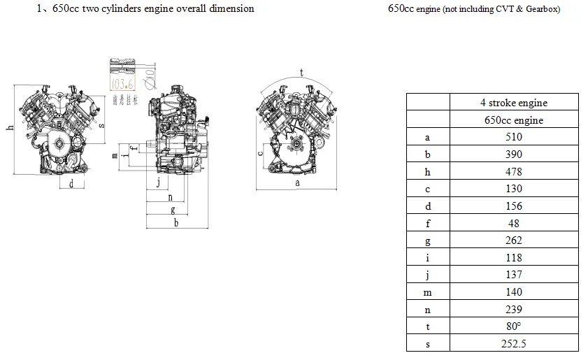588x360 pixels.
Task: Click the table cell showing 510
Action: tap(513, 137)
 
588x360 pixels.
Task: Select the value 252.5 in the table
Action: tap(513, 343)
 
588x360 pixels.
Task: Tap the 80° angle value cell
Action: tap(513, 326)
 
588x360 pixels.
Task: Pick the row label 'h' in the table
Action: tap(427, 171)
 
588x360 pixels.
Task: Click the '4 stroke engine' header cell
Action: tap(513, 103)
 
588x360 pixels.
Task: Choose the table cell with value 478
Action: tap(513, 171)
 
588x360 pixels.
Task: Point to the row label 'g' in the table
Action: tap(427, 240)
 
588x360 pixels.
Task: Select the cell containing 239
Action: tap(513, 309)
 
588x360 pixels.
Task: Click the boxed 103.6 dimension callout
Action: tap(122, 83)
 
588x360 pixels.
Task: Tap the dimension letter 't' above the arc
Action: tap(301, 72)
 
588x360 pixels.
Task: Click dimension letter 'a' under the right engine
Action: tap(297, 182)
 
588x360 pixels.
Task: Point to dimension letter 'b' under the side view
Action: tap(175, 222)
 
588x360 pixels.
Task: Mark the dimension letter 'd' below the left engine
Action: tap(71, 183)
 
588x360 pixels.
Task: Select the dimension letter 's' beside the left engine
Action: tap(101, 126)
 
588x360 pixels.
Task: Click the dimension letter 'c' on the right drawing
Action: tap(260, 152)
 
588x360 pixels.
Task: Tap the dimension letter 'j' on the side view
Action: tap(159, 182)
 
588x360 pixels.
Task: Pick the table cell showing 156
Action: tap(513, 206)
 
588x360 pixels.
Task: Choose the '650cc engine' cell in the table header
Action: tap(513, 120)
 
